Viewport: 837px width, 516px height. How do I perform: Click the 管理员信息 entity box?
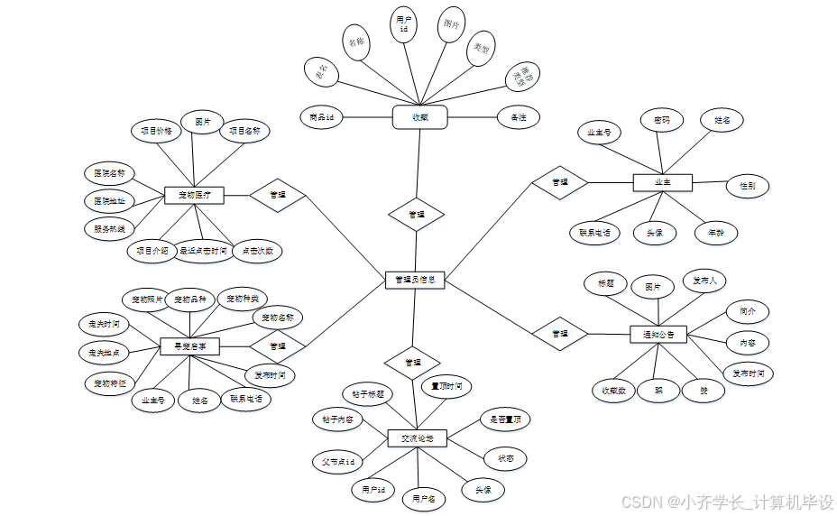click(415, 280)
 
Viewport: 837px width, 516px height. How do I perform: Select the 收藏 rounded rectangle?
click(420, 117)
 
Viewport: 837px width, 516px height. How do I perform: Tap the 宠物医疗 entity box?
click(194, 194)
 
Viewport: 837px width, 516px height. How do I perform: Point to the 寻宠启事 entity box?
click(189, 345)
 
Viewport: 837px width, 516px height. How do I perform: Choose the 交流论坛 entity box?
click(417, 438)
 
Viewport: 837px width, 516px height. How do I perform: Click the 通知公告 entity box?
click(658, 334)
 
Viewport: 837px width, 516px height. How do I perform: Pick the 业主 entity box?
click(662, 182)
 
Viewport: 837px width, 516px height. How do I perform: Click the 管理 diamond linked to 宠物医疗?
click(278, 194)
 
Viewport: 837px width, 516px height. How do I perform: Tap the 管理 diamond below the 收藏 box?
click(416, 215)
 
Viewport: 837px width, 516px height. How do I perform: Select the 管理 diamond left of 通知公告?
click(560, 333)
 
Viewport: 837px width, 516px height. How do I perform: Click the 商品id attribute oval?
click(322, 117)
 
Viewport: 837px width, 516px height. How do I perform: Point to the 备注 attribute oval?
click(518, 117)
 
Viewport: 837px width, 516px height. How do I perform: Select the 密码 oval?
click(662, 119)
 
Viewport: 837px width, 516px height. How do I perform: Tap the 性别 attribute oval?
click(748, 186)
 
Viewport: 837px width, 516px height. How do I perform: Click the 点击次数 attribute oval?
click(257, 251)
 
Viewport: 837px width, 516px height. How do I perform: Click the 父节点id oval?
click(339, 462)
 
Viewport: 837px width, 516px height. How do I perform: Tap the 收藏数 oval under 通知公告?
click(616, 391)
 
